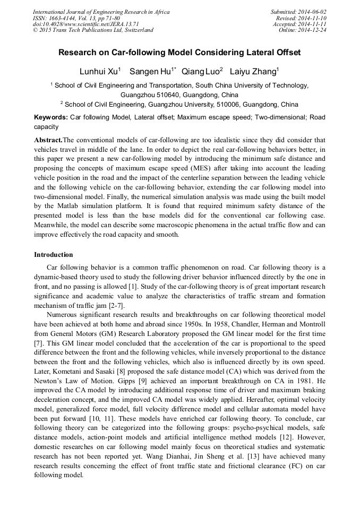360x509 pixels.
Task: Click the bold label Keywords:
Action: pyautogui.click(x=51, y=117)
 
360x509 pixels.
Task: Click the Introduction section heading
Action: pyautogui.click(x=54, y=255)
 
